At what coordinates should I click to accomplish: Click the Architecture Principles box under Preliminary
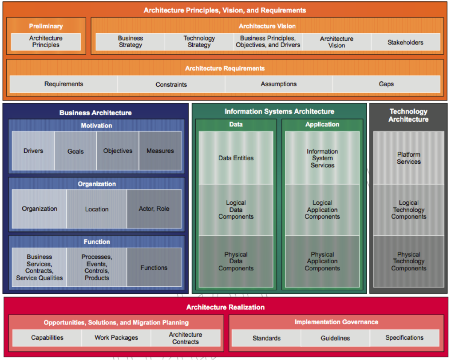(46, 42)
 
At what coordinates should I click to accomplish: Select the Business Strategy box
(130, 42)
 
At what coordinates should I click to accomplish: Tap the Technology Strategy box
(199, 42)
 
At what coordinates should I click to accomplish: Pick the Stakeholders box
(405, 43)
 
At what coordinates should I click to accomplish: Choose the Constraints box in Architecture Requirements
(171, 84)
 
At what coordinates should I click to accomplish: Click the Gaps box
(386, 84)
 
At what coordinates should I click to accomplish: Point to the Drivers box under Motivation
(33, 151)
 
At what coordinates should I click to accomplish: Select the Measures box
(160, 151)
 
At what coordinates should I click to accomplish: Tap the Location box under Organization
(97, 209)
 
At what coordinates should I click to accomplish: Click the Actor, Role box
(154, 209)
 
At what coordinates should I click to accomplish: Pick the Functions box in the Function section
(154, 268)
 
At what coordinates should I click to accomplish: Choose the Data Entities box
(236, 158)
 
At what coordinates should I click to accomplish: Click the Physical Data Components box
(236, 261)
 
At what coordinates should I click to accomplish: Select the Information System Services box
(322, 158)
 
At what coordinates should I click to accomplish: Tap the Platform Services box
(408, 158)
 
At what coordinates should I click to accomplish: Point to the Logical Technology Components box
(408, 210)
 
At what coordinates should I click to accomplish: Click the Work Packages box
(116, 338)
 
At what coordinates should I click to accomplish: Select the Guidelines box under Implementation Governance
(335, 338)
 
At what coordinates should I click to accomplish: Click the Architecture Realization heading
(225, 307)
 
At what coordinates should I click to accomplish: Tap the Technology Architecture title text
(408, 115)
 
